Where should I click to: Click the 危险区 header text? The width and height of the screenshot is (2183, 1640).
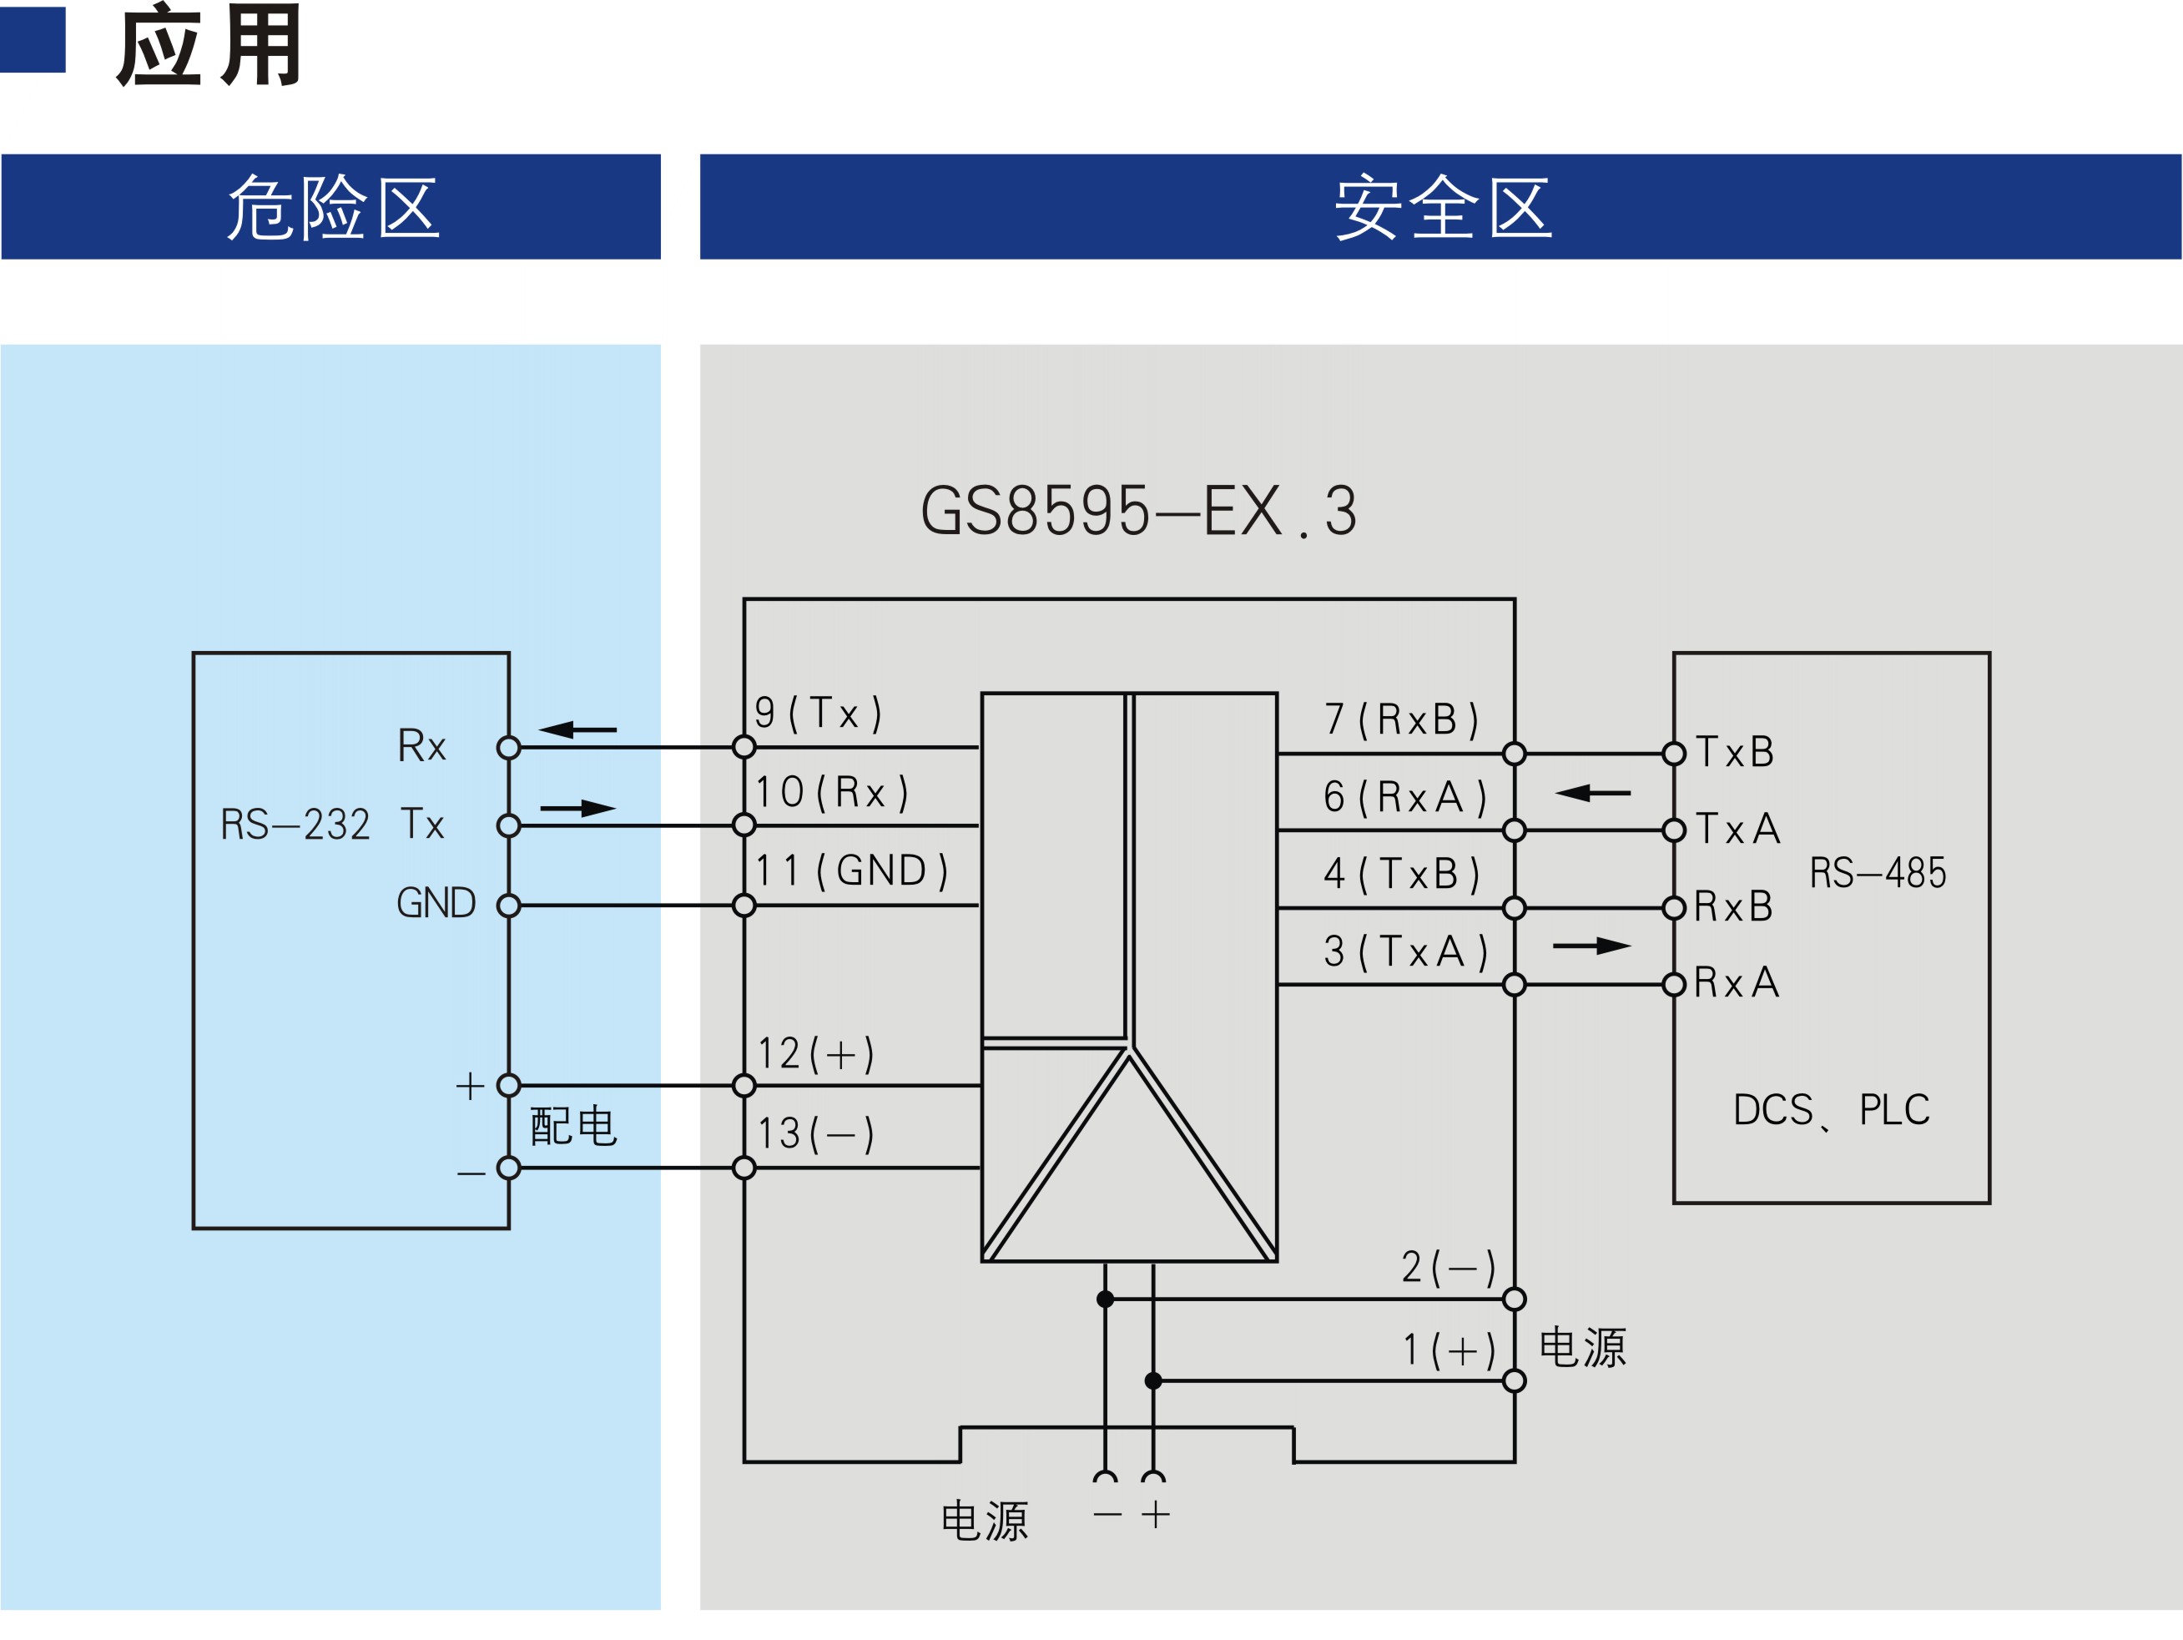tap(333, 207)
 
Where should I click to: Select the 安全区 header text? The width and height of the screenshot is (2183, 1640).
tap(1443, 207)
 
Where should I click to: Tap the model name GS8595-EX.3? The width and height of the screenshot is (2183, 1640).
tap(1139, 510)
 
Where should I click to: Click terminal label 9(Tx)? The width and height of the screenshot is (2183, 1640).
tap(818, 713)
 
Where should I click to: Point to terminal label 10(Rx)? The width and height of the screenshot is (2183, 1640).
tap(832, 791)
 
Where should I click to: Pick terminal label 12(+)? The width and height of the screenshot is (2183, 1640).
tap(816, 1054)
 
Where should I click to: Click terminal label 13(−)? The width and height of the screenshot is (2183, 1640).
tap(816, 1133)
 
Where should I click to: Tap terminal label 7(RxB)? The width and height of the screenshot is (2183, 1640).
tap(1401, 719)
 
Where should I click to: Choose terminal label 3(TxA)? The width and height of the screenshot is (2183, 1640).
tap(1405, 951)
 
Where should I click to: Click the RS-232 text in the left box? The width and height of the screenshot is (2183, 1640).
tap(295, 824)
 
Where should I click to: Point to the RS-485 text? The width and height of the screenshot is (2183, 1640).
tap(1877, 872)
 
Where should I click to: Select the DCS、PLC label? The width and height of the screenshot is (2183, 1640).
tap(1832, 1110)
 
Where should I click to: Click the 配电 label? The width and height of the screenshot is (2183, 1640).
tap(573, 1126)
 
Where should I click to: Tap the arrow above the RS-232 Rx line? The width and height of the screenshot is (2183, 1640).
tap(577, 729)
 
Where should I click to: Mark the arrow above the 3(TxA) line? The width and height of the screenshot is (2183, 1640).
tap(1592, 946)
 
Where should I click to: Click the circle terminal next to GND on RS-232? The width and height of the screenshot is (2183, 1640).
tap(508, 905)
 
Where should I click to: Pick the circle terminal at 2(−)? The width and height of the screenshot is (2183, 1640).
tap(1514, 1299)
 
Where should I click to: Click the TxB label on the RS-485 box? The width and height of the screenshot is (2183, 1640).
tap(1735, 752)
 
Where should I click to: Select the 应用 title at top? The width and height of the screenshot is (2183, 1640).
tap(209, 45)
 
